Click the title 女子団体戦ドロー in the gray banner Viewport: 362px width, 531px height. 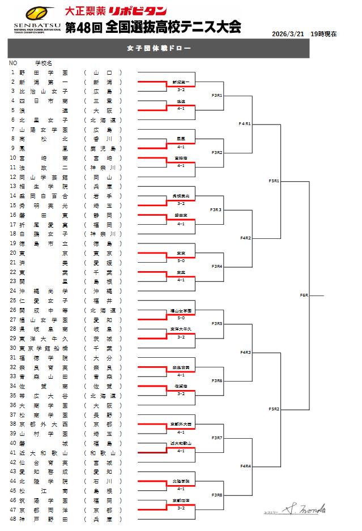click(x=158, y=48)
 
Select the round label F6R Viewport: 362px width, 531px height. click(x=304, y=296)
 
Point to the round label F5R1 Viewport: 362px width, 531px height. click(x=274, y=181)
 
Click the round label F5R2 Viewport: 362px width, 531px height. click(x=274, y=409)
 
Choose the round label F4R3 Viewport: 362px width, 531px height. click(x=245, y=352)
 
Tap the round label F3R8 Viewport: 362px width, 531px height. click(x=216, y=495)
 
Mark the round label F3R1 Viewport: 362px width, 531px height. click(x=216, y=95)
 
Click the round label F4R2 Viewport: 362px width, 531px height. click(x=245, y=238)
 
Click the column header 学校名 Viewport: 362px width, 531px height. click(x=44, y=63)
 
